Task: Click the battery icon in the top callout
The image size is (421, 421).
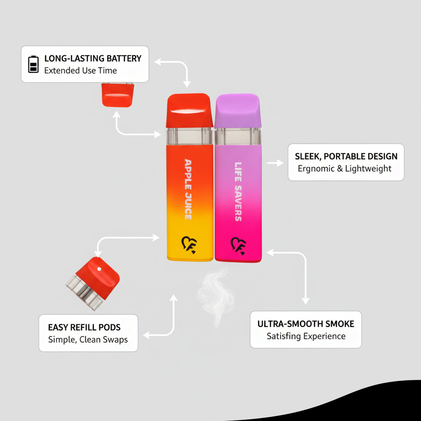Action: point(33,64)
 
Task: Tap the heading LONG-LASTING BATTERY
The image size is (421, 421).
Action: point(93,59)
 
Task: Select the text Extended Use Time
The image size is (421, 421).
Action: point(80,71)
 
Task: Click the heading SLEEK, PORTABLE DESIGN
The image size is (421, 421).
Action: point(346,156)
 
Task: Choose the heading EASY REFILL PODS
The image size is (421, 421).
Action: point(84,327)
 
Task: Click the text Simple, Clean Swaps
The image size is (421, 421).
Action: point(88,339)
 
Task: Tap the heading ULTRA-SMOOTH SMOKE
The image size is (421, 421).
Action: point(306,324)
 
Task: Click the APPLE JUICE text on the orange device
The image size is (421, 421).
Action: point(188,189)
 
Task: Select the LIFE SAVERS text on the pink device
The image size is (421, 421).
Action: point(238,192)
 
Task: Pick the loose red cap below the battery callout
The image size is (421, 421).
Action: point(117,95)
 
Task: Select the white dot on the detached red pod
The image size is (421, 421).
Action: point(99,268)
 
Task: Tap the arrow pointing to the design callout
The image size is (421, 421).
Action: point(276,163)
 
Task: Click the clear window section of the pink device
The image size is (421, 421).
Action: point(238,136)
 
